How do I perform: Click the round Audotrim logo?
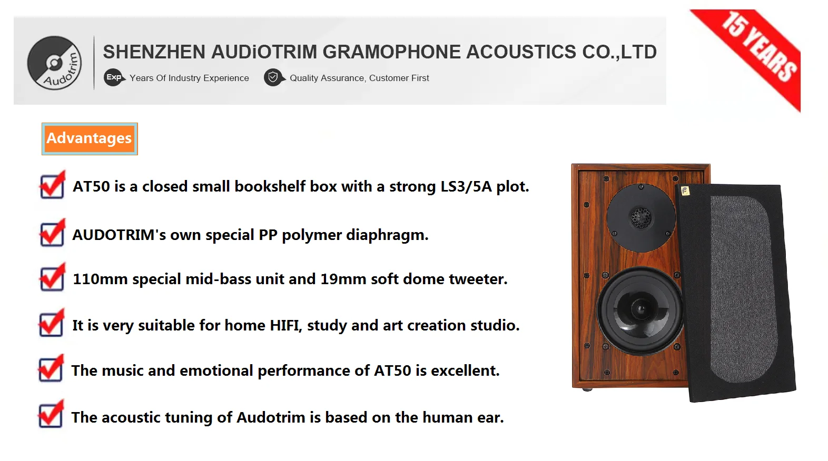click(54, 63)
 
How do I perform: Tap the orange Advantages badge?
click(90, 139)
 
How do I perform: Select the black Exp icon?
click(113, 77)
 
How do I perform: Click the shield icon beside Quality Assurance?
click(273, 77)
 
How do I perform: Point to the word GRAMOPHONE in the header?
click(391, 52)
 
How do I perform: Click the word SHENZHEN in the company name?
click(154, 52)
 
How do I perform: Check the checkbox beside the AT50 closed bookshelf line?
click(52, 185)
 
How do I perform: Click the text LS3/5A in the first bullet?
click(466, 186)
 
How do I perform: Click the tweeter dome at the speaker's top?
click(641, 218)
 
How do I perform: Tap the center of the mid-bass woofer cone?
click(640, 308)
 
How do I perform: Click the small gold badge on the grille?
click(685, 191)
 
